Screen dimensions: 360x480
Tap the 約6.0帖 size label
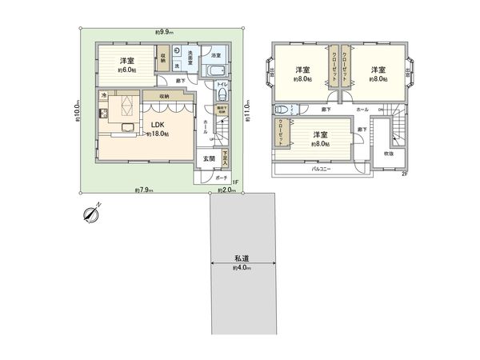click(126, 71)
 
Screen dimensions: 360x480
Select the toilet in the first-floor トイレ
click(222, 94)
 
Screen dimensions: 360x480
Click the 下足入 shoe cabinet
click(226, 158)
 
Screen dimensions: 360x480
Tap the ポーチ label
click(222, 178)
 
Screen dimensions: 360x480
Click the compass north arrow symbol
click(90, 212)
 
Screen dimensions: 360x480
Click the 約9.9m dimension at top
click(165, 31)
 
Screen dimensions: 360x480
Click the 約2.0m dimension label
click(225, 190)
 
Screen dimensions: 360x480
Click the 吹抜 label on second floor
click(388, 154)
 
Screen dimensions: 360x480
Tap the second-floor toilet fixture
click(279, 110)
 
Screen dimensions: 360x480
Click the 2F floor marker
click(405, 174)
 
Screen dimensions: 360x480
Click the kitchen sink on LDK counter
click(126, 126)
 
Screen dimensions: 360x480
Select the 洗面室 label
click(186, 59)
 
